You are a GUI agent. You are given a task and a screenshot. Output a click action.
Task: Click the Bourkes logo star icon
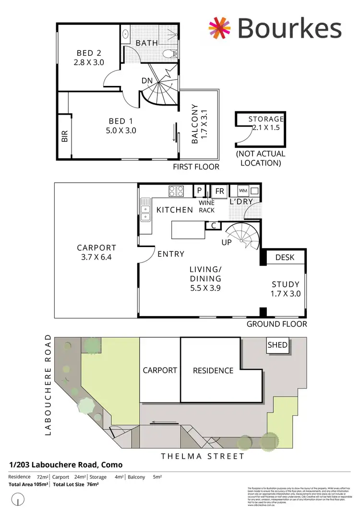pyautogui.click(x=219, y=28)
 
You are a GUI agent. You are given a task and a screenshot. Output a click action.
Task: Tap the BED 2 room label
pyautogui.click(x=88, y=58)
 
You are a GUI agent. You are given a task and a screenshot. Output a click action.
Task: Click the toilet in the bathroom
pyautogui.click(x=170, y=53)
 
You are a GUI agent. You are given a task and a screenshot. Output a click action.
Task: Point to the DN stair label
pyautogui.click(x=147, y=81)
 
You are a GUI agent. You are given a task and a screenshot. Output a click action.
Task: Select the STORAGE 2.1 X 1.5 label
pyautogui.click(x=266, y=123)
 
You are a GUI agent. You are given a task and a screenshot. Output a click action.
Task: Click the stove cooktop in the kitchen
pyautogui.click(x=177, y=191)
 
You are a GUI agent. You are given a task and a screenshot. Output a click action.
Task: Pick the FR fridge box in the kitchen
pyautogui.click(x=220, y=191)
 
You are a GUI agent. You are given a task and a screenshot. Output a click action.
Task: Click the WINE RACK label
pyautogui.click(x=206, y=206)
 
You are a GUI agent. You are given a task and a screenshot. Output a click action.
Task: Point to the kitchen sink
pyautogui.click(x=145, y=212)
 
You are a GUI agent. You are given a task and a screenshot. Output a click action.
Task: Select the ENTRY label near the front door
pyautogui.click(x=171, y=254)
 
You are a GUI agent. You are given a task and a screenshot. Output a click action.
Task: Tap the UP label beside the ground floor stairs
pyautogui.click(x=226, y=242)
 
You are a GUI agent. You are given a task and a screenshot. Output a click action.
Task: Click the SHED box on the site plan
pyautogui.click(x=277, y=345)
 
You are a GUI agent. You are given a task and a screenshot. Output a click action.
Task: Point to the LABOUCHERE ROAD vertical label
pyautogui.click(x=48, y=385)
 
